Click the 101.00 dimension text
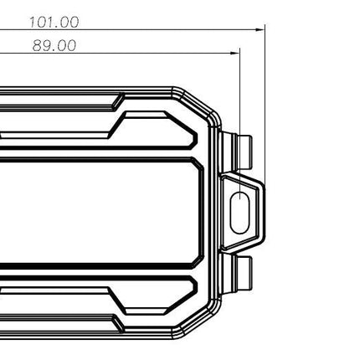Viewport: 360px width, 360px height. (54, 22)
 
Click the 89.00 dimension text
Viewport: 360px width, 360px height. (54, 45)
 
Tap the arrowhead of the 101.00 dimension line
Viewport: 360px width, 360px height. (260, 29)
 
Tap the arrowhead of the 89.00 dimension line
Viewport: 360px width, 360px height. (235, 53)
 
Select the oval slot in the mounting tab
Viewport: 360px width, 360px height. (239, 213)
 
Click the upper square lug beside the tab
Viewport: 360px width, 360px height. (244, 152)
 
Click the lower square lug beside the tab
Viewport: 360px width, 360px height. (244, 273)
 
